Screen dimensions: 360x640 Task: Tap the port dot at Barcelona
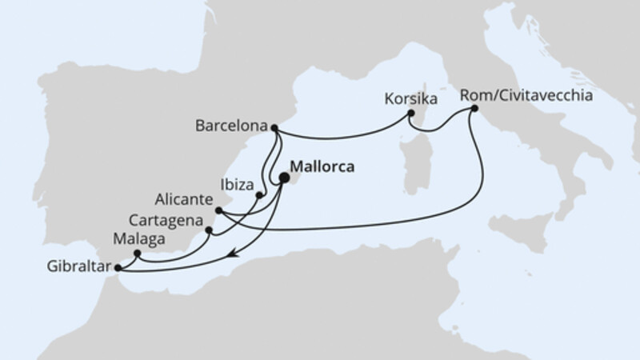pyautogui.click(x=274, y=127)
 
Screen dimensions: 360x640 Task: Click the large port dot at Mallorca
pyautogui.click(x=284, y=179)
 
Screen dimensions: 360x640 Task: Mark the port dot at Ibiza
pyautogui.click(x=259, y=194)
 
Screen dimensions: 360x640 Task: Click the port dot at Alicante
pyautogui.click(x=219, y=210)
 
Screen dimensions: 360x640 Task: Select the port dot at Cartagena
pyautogui.click(x=210, y=230)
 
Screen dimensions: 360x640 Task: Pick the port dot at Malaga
pyautogui.click(x=138, y=254)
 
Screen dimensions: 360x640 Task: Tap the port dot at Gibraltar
pyautogui.click(x=118, y=268)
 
